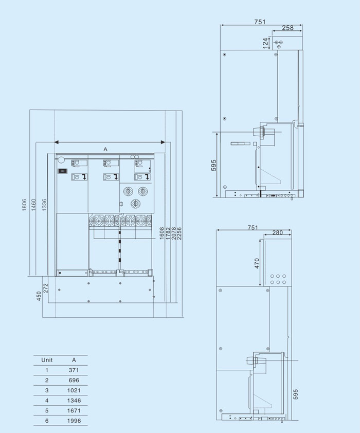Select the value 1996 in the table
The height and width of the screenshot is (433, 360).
point(74,421)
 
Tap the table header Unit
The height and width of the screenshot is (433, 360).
point(47,360)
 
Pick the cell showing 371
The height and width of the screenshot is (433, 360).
point(74,370)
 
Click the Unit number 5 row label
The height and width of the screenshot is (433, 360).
point(47,410)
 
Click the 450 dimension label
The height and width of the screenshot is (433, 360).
point(39,297)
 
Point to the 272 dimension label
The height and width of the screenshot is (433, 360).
point(46,288)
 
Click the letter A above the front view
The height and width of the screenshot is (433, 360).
point(105,149)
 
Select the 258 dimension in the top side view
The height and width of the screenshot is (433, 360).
point(288,28)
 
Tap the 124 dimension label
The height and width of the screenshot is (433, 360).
point(265,43)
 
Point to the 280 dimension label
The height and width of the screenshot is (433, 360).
point(278,233)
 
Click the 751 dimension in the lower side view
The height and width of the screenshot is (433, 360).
point(253,227)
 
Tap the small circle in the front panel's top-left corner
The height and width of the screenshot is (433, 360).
point(60,160)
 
